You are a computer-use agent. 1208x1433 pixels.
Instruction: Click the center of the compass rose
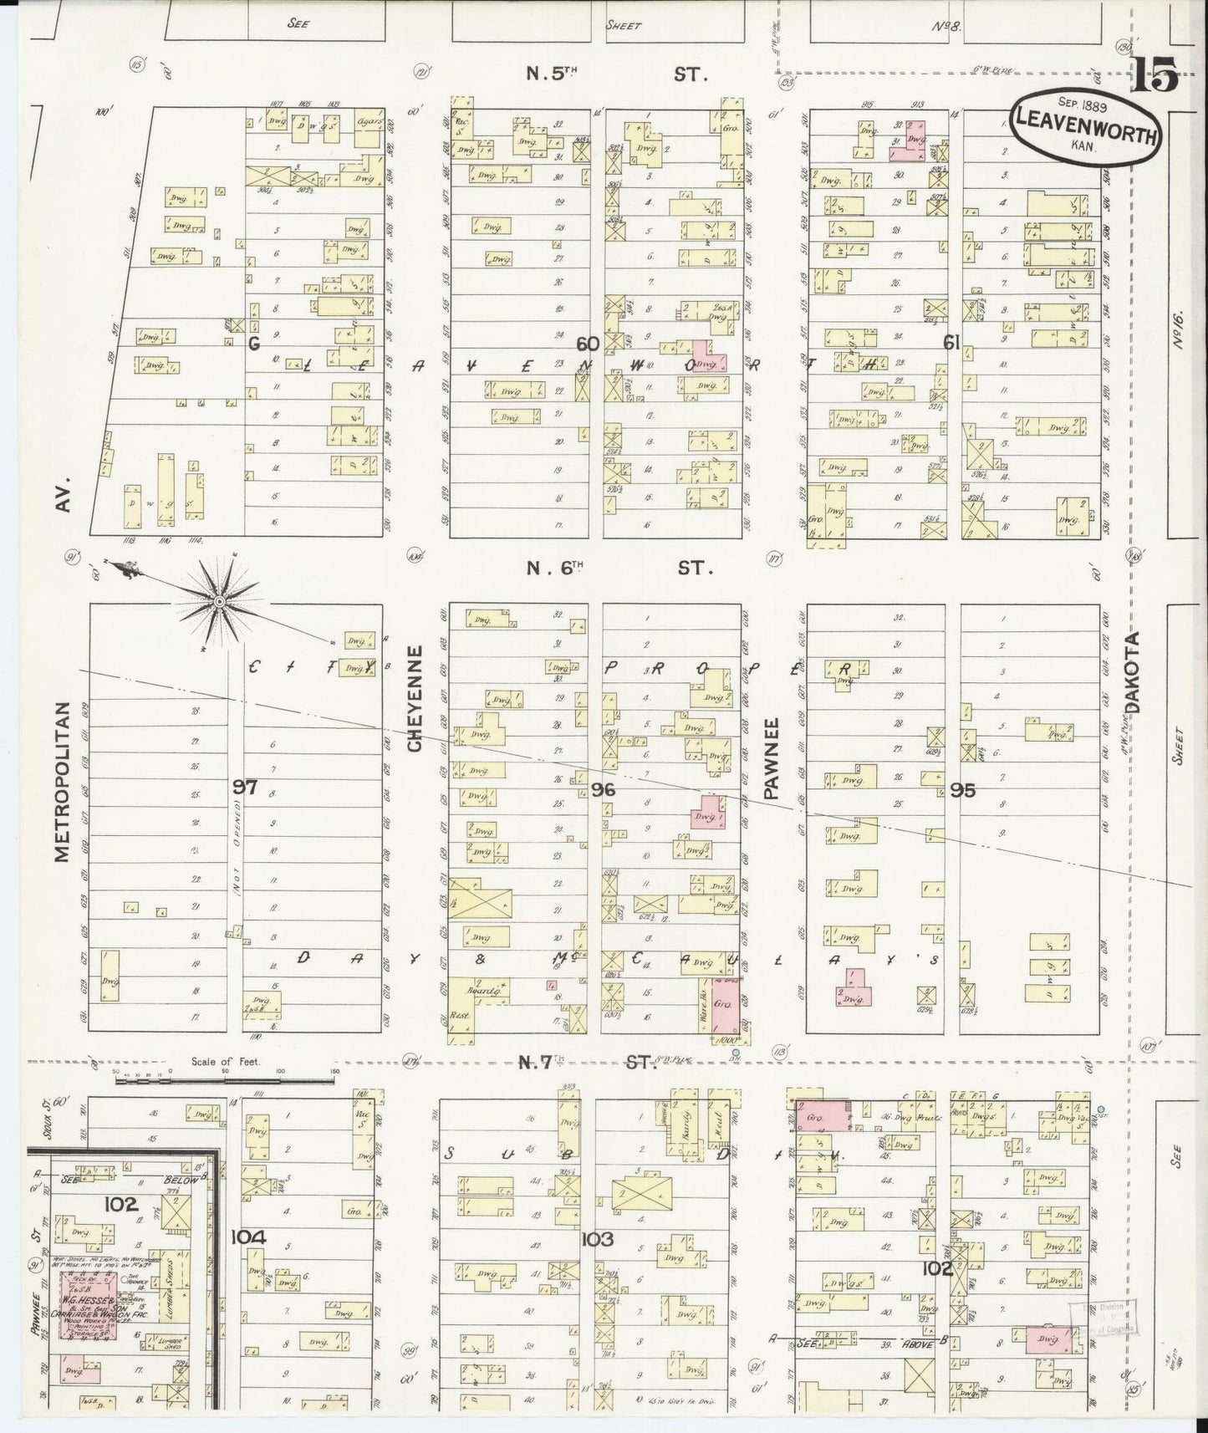[219, 602]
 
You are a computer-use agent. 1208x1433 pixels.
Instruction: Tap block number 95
[962, 788]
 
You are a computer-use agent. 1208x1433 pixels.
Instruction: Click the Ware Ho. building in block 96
[704, 1003]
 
